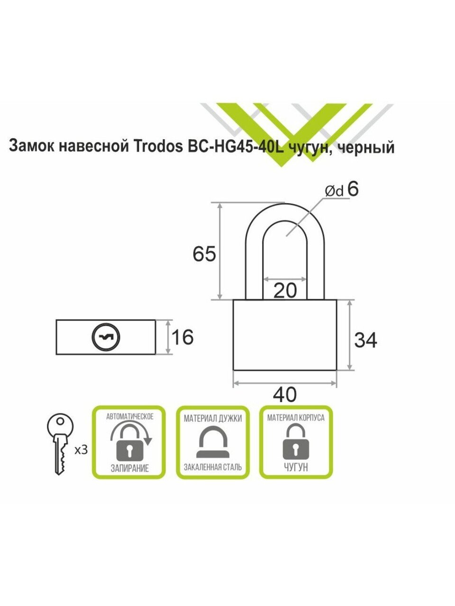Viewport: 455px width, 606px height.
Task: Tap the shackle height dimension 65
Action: point(204,254)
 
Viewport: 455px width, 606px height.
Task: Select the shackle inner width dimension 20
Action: point(285,290)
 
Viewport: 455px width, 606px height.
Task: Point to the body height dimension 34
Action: point(366,340)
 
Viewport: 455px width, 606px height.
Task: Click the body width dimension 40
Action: point(285,394)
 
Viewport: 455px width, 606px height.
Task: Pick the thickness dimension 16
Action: point(182,338)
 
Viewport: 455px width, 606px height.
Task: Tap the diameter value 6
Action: point(353,189)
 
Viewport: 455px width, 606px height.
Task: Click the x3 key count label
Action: point(81,450)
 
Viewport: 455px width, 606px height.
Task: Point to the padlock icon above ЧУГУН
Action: point(296,442)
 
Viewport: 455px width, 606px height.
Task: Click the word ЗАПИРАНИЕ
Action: point(129,468)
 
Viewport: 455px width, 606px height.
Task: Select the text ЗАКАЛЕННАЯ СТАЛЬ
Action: point(213,467)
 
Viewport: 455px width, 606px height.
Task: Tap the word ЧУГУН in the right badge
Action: point(296,467)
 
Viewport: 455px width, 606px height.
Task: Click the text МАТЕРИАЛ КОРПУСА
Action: point(296,418)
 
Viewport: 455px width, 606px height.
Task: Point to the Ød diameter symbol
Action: point(334,191)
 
